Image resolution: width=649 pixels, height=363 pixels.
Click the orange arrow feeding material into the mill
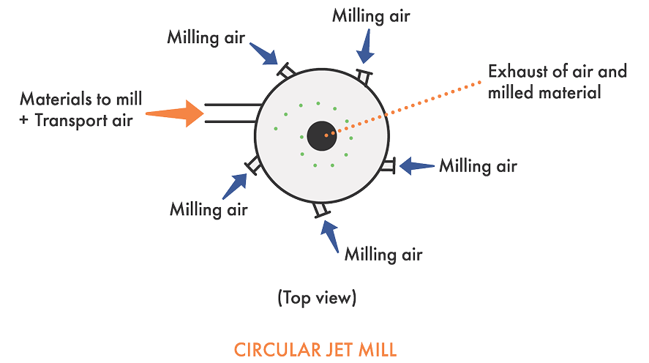pos(176,113)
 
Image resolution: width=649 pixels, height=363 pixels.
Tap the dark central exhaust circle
pos(322,135)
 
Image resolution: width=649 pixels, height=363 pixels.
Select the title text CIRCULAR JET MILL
pos(315,348)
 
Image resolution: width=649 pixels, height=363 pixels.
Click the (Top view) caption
pos(316,299)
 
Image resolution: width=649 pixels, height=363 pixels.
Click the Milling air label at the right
pos(479,167)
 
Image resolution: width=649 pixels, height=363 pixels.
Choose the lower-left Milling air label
pos(209,210)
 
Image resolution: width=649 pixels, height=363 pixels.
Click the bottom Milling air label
pos(384,256)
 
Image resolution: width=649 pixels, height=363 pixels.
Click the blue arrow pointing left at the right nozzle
pos(417,165)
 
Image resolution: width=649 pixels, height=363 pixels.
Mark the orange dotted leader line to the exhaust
pos(410,103)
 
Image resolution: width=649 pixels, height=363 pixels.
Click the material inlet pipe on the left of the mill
pos(230,113)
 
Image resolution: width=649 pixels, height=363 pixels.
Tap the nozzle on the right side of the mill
pos(388,166)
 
